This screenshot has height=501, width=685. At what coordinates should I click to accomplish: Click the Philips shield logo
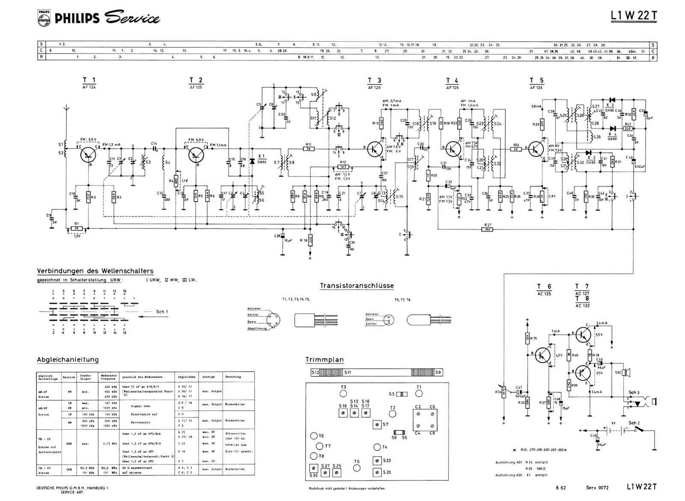(x=43, y=18)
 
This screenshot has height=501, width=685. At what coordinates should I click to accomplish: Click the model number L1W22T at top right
(x=634, y=16)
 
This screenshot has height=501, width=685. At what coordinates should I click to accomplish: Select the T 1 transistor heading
(x=89, y=80)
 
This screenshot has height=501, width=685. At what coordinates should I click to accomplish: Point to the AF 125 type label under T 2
(x=196, y=87)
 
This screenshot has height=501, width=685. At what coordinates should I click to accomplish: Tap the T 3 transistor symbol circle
(x=375, y=148)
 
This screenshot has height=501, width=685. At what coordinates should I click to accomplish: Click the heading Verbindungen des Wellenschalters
(x=95, y=271)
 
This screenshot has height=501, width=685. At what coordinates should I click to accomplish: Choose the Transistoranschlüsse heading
(x=357, y=285)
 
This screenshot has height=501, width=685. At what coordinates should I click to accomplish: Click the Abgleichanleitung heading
(x=68, y=360)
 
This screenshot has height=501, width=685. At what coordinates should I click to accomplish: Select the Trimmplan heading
(x=325, y=360)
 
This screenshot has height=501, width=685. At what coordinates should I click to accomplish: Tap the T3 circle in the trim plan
(x=343, y=393)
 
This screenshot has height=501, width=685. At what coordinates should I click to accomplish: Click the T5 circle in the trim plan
(x=357, y=468)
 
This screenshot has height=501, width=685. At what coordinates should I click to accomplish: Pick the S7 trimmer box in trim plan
(x=377, y=424)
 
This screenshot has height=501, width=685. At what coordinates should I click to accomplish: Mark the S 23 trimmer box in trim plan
(x=377, y=461)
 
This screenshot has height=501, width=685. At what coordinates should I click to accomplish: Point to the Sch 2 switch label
(x=634, y=423)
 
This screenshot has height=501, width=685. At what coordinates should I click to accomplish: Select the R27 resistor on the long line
(x=488, y=229)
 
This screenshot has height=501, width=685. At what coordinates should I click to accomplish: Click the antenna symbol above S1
(x=66, y=108)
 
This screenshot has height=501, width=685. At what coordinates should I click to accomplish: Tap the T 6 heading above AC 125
(x=544, y=286)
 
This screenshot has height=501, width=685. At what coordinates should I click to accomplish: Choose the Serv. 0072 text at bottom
(x=597, y=487)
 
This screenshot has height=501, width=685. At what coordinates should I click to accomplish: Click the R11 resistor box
(x=308, y=149)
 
